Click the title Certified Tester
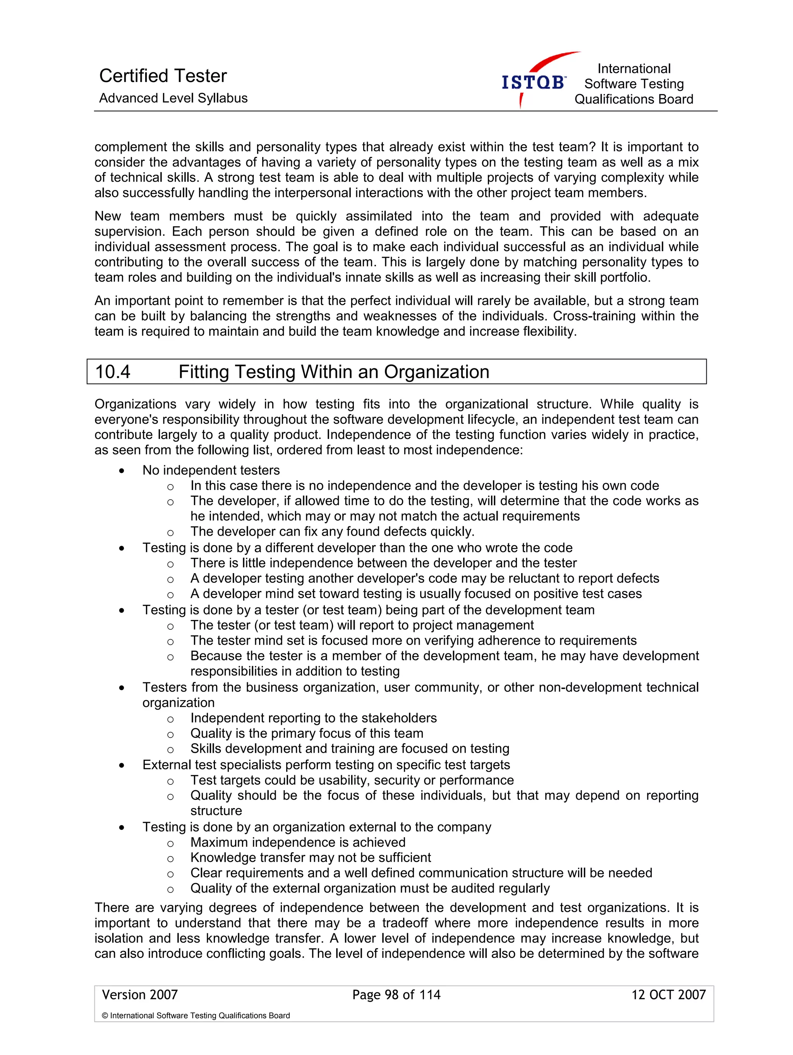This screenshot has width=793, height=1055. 163,75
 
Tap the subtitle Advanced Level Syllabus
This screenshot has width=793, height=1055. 173,98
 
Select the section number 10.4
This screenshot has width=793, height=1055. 113,372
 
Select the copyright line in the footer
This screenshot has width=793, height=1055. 196,1016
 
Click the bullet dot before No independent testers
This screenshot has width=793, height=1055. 122,471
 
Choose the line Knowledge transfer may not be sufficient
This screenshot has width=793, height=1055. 310,858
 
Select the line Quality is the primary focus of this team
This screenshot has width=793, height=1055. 306,733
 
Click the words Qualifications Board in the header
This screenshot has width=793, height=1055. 633,99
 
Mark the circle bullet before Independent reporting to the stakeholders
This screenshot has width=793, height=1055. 170,719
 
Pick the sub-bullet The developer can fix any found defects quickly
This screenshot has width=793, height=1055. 332,531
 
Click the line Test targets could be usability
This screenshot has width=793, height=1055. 352,780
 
